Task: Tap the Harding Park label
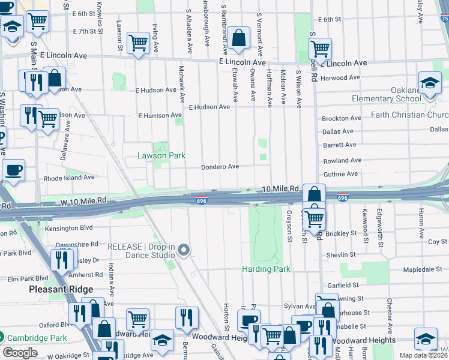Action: click(266, 269)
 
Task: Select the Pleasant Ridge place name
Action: click(58, 289)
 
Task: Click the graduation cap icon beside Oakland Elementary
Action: click(430, 84)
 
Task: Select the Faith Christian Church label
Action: click(409, 115)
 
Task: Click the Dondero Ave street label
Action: click(220, 167)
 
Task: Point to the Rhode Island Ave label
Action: click(69, 178)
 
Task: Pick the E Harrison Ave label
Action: click(159, 115)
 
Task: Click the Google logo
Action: click(20, 353)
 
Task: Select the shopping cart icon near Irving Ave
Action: click(138, 43)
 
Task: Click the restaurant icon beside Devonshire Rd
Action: click(62, 259)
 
